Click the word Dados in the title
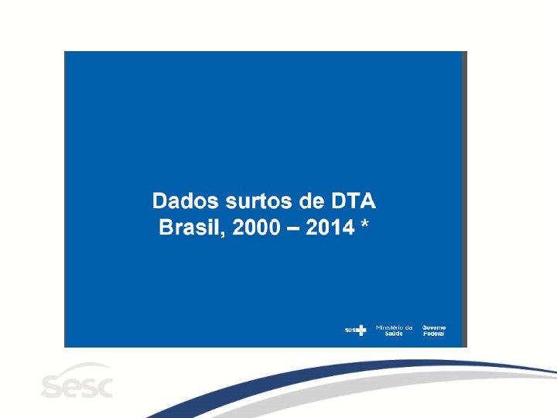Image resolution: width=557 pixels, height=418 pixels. coord(185,200)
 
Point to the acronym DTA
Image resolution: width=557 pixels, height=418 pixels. coord(354,200)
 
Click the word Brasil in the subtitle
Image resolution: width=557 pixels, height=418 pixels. coord(190,227)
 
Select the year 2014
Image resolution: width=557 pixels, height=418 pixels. coord(330,228)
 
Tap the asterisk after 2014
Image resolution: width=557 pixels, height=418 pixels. coord(364,224)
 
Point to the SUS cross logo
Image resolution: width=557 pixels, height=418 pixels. coord(361,331)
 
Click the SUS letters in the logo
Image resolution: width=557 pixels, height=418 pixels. coord(350,331)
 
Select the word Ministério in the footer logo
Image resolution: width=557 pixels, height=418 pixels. coord(389,327)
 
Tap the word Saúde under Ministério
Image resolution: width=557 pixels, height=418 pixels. coord(394,334)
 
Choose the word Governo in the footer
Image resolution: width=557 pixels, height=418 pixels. coord(434,327)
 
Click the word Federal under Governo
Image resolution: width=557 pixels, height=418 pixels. coord(434,334)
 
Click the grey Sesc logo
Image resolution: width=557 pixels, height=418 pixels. coord(77,380)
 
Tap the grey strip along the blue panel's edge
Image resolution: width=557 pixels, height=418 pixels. coord(465,199)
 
